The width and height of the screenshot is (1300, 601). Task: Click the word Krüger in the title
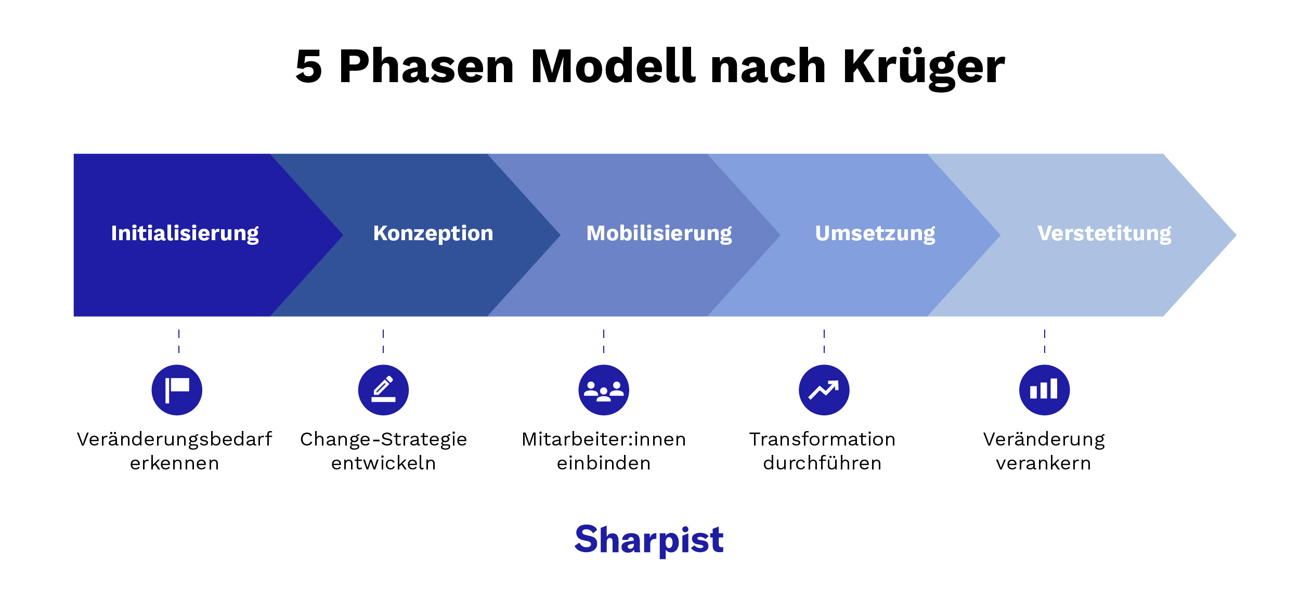pyautogui.click(x=924, y=68)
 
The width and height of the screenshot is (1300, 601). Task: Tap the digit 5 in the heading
pyautogui.click(x=309, y=68)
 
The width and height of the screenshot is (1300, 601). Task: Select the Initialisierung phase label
pyautogui.click(x=185, y=233)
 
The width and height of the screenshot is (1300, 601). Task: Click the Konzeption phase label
pyautogui.click(x=433, y=233)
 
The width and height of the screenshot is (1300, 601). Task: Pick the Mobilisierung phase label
pyautogui.click(x=659, y=233)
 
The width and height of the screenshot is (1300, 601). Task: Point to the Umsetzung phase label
pyautogui.click(x=875, y=233)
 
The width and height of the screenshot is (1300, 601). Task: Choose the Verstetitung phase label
pyautogui.click(x=1104, y=233)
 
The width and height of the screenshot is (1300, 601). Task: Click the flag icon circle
pyautogui.click(x=177, y=390)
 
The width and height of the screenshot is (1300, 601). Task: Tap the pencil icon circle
pyautogui.click(x=383, y=390)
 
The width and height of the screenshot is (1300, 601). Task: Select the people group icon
pyautogui.click(x=604, y=390)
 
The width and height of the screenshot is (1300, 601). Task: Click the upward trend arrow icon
pyautogui.click(x=824, y=390)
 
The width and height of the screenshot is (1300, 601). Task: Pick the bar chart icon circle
pyautogui.click(x=1044, y=390)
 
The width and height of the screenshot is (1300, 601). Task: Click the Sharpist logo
pyautogui.click(x=649, y=540)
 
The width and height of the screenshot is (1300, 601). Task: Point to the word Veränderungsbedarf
pyautogui.click(x=174, y=440)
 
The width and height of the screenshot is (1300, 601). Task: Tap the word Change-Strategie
pyautogui.click(x=383, y=440)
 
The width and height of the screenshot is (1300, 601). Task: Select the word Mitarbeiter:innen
pyautogui.click(x=604, y=440)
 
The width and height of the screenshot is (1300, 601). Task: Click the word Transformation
pyautogui.click(x=822, y=440)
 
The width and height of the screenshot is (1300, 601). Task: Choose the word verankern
pyautogui.click(x=1043, y=463)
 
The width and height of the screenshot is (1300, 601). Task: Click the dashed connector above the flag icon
pyautogui.click(x=179, y=342)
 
